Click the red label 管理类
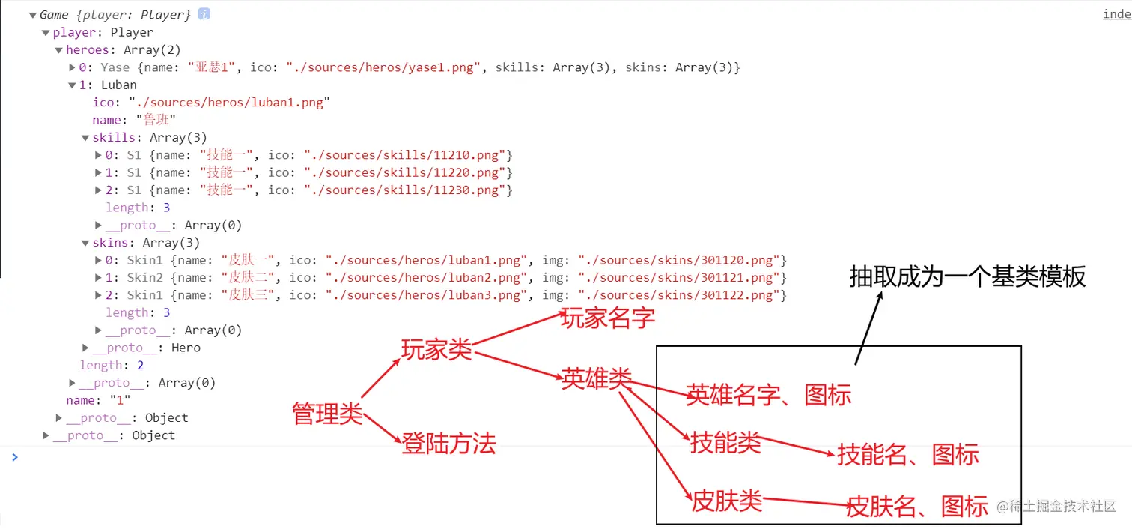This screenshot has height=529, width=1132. coord(327,413)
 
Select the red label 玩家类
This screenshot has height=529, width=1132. coord(436,349)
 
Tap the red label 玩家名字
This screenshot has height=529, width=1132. coord(608,318)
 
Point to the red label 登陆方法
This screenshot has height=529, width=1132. coord(448,444)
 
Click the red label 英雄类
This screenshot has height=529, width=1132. coord(596,379)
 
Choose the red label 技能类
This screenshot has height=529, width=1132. coord(725,443)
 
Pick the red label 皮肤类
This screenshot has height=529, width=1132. coord(726,500)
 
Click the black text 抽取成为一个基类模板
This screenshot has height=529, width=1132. coord(967,276)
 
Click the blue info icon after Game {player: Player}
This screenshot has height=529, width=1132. coord(204,14)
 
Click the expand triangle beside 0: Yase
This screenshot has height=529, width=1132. coord(72,67)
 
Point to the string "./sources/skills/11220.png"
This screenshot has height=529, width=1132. coord(408,172)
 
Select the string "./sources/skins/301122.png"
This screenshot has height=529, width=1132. coord(682,295)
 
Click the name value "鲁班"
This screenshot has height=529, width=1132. coord(156,120)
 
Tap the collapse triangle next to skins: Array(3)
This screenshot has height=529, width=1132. coord(85,243)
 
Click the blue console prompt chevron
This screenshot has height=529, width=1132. coord(14,456)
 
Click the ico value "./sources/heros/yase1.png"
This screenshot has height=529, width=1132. coord(381,67)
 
